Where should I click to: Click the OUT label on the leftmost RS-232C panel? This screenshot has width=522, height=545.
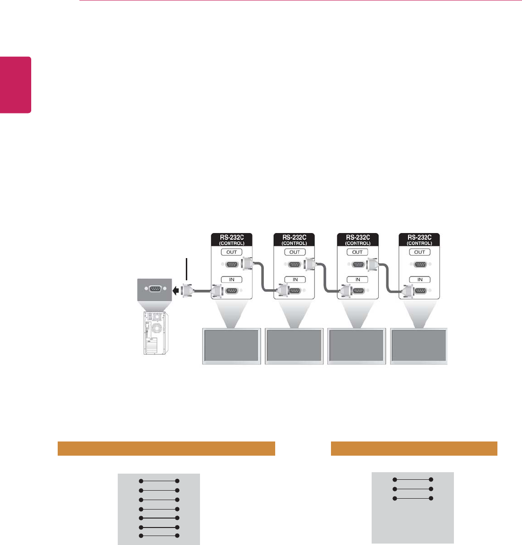[232, 252]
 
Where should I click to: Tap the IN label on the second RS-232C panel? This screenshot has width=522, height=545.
[295, 279]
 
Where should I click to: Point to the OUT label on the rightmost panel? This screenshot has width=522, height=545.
[420, 252]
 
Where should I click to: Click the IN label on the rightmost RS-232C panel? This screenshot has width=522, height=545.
[420, 279]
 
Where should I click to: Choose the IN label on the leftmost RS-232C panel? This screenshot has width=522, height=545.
[232, 279]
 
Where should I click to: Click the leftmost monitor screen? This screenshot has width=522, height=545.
[231, 346]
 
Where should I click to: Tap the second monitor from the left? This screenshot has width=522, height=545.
[294, 346]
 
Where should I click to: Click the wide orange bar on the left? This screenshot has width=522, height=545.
[166, 449]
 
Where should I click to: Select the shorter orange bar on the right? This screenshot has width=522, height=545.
[414, 448]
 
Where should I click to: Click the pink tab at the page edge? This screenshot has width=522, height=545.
[16, 85]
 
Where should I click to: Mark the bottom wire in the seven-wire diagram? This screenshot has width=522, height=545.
[158, 536]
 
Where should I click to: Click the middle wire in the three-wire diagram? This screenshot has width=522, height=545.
[412, 489]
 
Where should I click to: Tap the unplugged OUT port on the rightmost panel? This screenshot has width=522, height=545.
[419, 265]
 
